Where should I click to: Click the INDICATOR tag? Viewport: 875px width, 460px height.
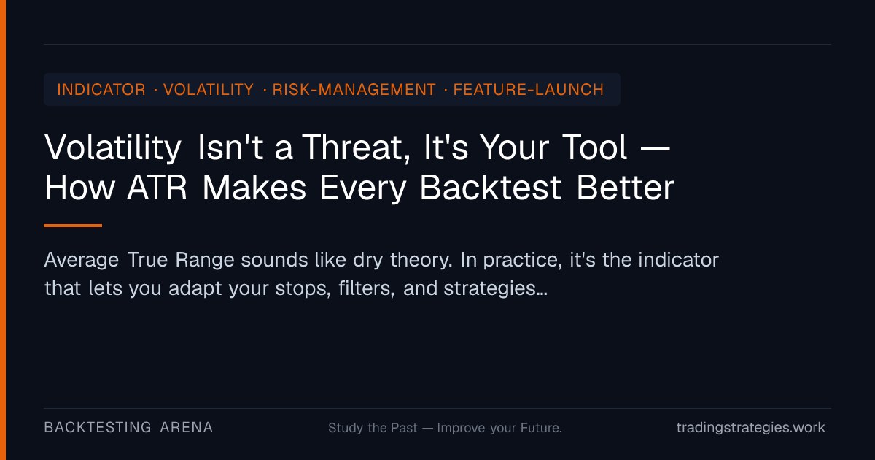tap(101, 90)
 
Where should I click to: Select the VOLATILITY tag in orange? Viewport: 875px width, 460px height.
tap(209, 90)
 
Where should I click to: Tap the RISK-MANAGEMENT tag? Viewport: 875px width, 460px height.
tap(354, 90)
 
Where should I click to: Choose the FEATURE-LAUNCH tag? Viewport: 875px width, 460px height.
tap(529, 90)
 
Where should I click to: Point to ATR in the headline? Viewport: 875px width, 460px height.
tap(157, 188)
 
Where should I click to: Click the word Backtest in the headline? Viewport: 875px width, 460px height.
tap(491, 188)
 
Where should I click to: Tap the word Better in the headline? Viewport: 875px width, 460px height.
tap(626, 188)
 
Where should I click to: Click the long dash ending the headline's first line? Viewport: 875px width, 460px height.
tap(656, 149)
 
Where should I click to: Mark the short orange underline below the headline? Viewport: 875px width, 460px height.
tap(73, 226)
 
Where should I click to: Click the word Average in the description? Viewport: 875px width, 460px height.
tap(81, 260)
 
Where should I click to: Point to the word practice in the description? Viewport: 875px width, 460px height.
tap(523, 261)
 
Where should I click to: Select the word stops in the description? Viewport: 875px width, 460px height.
tap(303, 289)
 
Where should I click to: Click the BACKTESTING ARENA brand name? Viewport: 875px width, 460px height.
tap(128, 428)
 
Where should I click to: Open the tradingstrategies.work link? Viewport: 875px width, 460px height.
tap(751, 428)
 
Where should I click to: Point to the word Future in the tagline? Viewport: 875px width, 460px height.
tap(541, 428)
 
